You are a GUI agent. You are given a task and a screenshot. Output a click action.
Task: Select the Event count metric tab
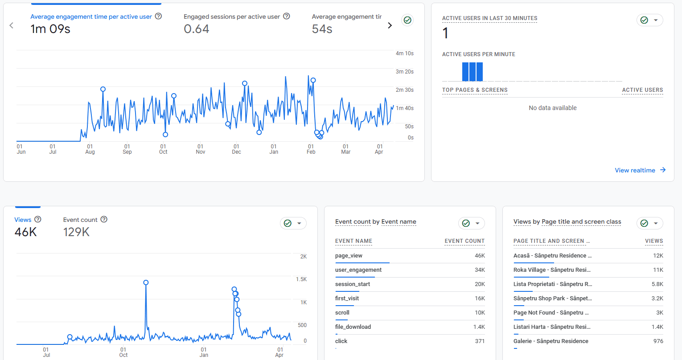[80, 220]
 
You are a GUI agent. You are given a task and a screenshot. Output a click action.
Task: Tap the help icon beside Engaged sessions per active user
[287, 16]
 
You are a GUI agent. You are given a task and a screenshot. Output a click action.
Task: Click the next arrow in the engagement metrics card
[390, 25]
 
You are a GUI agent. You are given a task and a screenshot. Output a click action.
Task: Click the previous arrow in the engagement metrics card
[12, 25]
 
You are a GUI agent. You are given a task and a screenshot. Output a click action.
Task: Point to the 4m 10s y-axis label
[405, 53]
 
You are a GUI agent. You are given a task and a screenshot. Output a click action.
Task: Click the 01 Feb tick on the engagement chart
[311, 149]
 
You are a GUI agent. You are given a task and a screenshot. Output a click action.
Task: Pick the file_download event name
[353, 327]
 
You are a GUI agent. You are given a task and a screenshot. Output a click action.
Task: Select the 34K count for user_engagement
[480, 270]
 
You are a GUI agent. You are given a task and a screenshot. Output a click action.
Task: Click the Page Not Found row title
[551, 312]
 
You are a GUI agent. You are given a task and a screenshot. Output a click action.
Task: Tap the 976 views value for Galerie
[658, 341]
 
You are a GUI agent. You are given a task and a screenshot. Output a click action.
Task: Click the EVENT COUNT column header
[464, 241]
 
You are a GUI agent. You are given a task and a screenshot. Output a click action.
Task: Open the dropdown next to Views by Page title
[656, 223]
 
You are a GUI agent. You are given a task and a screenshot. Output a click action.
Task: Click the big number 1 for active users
[445, 33]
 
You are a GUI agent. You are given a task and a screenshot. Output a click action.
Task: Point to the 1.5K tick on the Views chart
[301, 279]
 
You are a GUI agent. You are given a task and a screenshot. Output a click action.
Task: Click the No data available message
[553, 108]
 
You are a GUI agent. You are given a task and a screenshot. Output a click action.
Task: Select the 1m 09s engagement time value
[50, 29]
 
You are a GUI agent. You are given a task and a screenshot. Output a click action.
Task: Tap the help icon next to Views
[38, 219]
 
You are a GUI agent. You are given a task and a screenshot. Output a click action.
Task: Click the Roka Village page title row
[552, 270]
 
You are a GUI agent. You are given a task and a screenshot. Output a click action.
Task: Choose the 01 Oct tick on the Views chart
[123, 352]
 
